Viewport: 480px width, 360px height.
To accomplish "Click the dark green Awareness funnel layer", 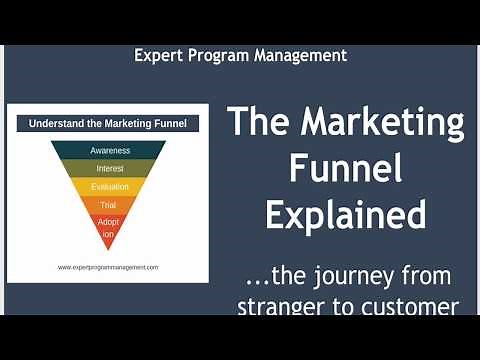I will click(x=109, y=151).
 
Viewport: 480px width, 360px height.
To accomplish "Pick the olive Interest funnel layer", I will click(x=109, y=168).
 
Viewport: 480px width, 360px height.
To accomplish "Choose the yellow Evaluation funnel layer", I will click(x=109, y=186).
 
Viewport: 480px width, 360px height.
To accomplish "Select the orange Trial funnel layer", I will click(x=109, y=204).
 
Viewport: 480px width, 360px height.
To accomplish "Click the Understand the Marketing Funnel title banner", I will click(x=108, y=124).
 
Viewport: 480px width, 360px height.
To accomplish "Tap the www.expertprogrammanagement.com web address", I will click(x=108, y=267).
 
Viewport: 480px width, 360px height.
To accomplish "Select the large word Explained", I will click(x=346, y=214).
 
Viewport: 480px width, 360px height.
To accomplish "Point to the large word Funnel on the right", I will click(x=346, y=169).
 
